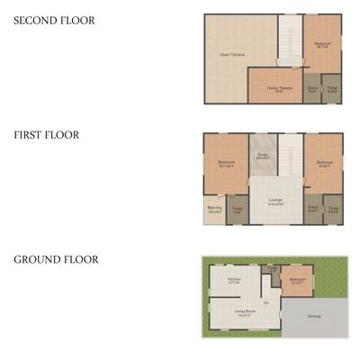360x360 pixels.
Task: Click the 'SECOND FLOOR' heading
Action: click(x=53, y=20)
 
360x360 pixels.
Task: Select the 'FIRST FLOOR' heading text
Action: click(x=46, y=135)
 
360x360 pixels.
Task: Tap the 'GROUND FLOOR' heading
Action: click(x=56, y=260)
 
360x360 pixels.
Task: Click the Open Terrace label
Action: click(x=232, y=55)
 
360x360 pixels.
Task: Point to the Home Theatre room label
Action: click(x=278, y=88)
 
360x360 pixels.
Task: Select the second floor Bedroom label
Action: click(x=322, y=44)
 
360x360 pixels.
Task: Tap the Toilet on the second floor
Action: click(x=332, y=88)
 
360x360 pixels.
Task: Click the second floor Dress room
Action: click(x=312, y=88)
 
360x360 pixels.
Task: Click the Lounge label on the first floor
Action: click(x=275, y=201)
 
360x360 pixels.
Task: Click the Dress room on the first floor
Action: click(x=313, y=209)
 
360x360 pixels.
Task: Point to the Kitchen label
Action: click(x=234, y=280)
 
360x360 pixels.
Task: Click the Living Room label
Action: click(x=243, y=314)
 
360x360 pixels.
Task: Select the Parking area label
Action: click(x=313, y=316)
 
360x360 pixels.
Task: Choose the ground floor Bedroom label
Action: click(x=297, y=280)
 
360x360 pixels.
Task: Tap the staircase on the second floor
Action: click(x=289, y=40)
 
